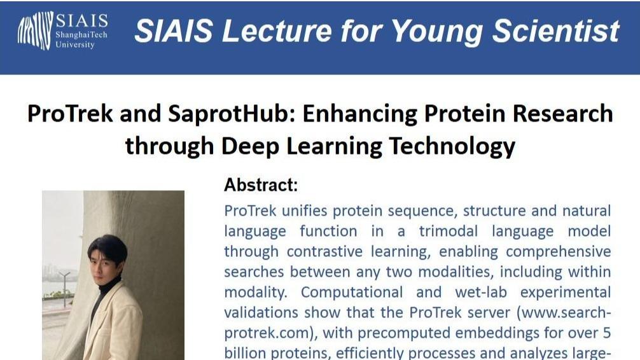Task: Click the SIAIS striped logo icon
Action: click(x=35, y=31)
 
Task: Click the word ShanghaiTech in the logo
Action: click(x=81, y=35)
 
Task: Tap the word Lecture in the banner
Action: click(x=276, y=31)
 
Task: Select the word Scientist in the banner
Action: click(x=556, y=31)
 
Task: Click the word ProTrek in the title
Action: click(x=70, y=113)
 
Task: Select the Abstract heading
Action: click(x=261, y=185)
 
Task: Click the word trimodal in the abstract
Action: click(x=448, y=231)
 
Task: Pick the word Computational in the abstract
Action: click(x=352, y=293)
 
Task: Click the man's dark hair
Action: click(x=108, y=248)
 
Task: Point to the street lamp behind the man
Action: click(x=64, y=288)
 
